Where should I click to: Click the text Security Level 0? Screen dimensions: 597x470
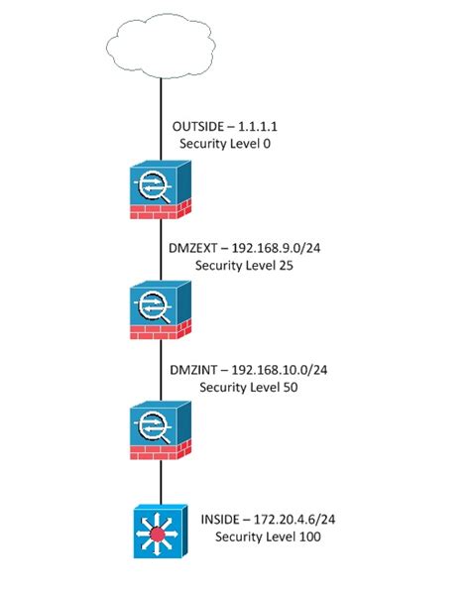tap(224, 144)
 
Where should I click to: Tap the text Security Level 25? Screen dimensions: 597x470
tap(244, 267)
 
